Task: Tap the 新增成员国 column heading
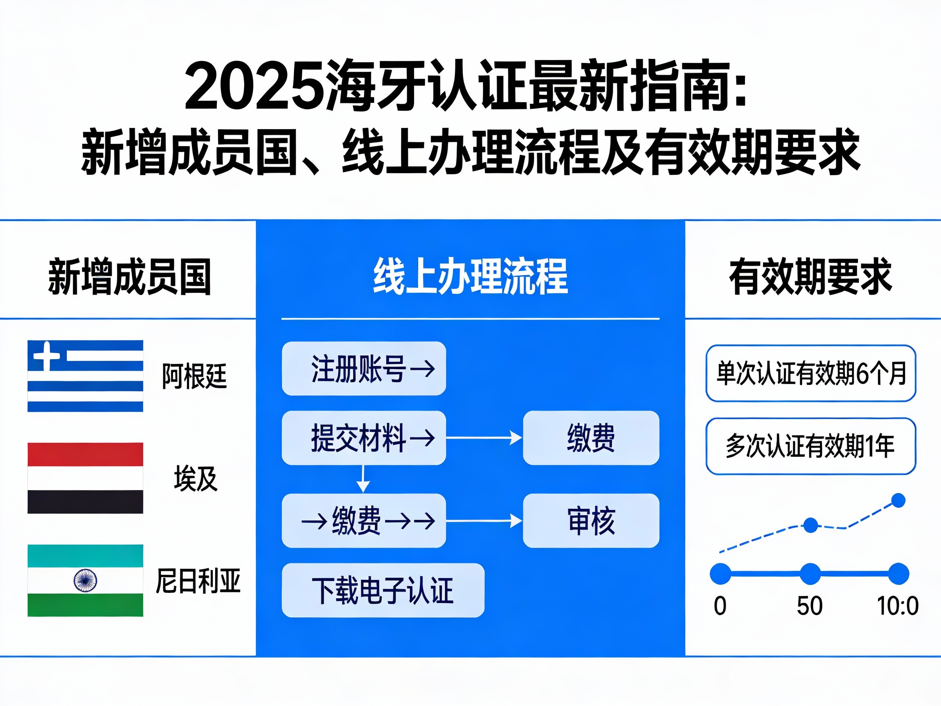[129, 277]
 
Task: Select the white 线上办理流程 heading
[470, 277]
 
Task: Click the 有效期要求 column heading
[810, 277]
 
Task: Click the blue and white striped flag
[85, 376]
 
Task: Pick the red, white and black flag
[85, 478]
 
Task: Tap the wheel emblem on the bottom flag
[85, 581]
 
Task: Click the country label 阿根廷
[194, 376]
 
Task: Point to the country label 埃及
[196, 479]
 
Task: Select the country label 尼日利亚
[198, 581]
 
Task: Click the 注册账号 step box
[364, 369]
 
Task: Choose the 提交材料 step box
[364, 438]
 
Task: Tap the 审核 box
[591, 521]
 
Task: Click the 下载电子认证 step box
[383, 590]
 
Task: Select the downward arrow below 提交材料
[363, 480]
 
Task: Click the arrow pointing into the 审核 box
[484, 521]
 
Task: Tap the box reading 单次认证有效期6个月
[810, 373]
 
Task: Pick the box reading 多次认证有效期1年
[810, 447]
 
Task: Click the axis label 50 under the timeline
[809, 606]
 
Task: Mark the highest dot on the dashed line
[898, 500]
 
